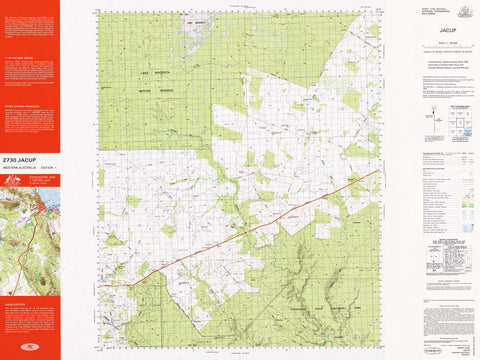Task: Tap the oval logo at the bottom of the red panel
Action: click(30, 348)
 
